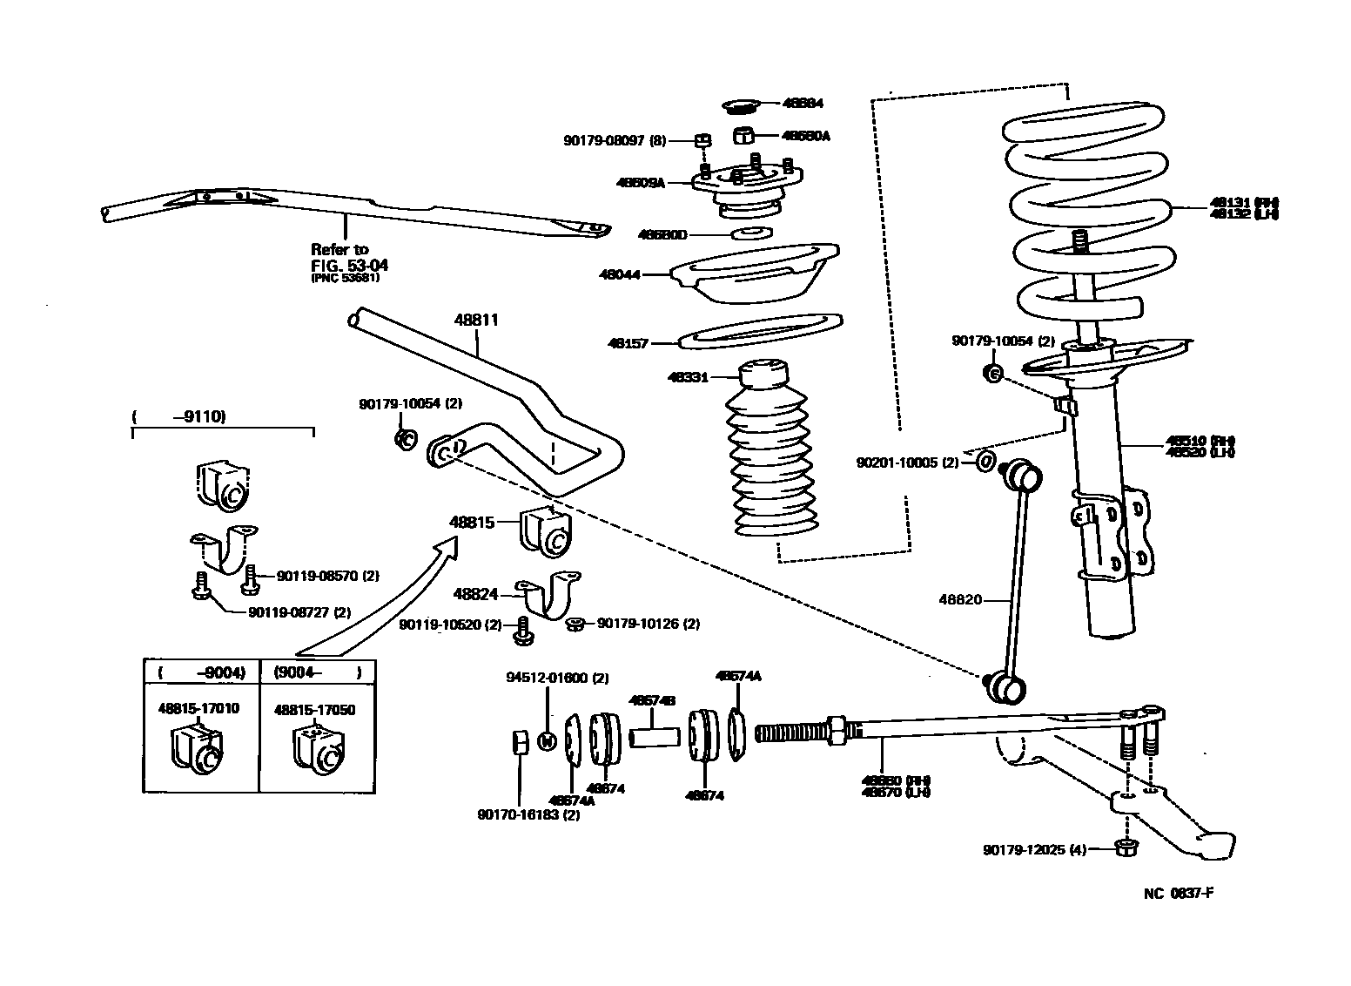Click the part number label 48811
pyautogui.click(x=476, y=320)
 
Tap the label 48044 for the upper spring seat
pyautogui.click(x=619, y=274)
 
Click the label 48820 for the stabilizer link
pyautogui.click(x=960, y=599)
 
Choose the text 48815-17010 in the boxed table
pyautogui.click(x=198, y=709)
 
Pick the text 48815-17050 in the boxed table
pyautogui.click(x=314, y=709)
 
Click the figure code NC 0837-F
pyautogui.click(x=1179, y=894)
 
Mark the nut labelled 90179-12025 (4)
pyautogui.click(x=1125, y=848)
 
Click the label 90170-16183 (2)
pyautogui.click(x=528, y=815)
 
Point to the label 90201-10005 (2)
pyautogui.click(x=908, y=463)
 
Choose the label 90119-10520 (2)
pyautogui.click(x=451, y=625)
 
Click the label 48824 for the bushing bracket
pyautogui.click(x=475, y=594)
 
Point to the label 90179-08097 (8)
pyautogui.click(x=614, y=140)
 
